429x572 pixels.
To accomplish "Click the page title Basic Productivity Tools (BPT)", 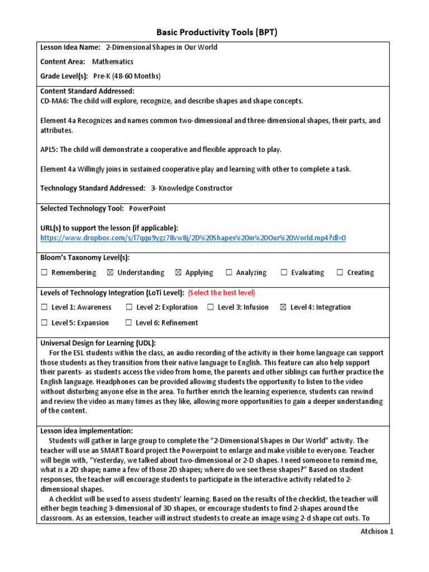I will (x=215, y=32).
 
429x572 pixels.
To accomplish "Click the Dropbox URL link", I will (x=193, y=238).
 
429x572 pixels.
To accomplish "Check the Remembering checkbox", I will (x=44, y=273).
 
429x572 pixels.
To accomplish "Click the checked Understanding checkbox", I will (x=110, y=273).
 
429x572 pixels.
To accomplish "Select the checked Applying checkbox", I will (x=178, y=273).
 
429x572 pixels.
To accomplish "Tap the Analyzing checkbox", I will (x=229, y=273).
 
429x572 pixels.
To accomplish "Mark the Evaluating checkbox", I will (x=284, y=273).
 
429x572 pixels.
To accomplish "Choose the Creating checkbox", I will (x=340, y=273).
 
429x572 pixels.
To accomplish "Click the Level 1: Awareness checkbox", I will (x=44, y=307).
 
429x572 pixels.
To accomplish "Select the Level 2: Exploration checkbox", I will (x=129, y=307).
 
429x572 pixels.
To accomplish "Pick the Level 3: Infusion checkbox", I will (x=211, y=307).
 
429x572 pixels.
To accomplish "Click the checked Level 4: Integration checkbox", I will (x=283, y=307).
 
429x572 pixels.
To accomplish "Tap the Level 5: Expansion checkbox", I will (x=44, y=323).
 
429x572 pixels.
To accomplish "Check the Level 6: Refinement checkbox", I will (x=128, y=323).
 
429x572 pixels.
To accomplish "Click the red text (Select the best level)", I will (x=221, y=293).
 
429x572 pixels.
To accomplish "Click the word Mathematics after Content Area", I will (x=112, y=62).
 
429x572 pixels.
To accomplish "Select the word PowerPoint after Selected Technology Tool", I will (x=147, y=208).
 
